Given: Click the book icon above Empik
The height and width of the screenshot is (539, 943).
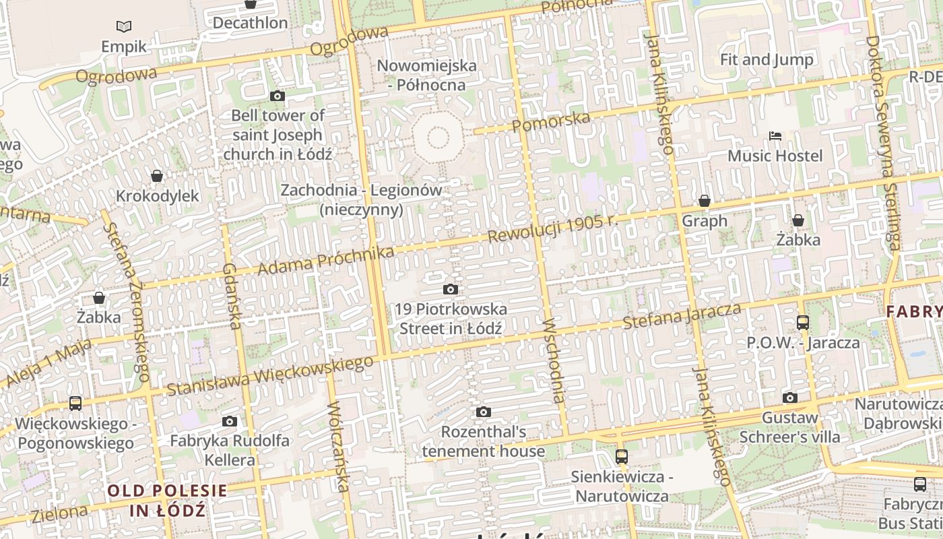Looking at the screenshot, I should [x=123, y=27].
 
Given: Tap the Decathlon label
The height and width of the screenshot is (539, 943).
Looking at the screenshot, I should [x=250, y=22].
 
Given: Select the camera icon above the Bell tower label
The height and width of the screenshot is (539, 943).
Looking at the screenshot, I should [x=277, y=96].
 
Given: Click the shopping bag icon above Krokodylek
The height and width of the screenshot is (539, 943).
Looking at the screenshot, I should [x=157, y=176].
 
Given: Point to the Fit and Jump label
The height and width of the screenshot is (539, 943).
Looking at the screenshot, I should [x=767, y=59].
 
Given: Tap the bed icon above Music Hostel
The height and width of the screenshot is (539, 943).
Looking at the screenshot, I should [x=775, y=136].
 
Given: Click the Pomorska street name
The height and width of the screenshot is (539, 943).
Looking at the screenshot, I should [x=551, y=122].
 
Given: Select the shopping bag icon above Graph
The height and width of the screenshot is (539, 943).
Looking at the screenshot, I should [x=705, y=201].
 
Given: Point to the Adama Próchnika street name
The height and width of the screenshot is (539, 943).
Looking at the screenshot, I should [x=326, y=261].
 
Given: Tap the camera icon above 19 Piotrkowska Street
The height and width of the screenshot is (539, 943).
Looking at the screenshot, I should [x=451, y=290].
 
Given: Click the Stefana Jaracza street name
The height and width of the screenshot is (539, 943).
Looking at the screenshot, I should [x=682, y=316].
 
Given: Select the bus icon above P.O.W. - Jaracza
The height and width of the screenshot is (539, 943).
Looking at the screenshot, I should [x=802, y=323].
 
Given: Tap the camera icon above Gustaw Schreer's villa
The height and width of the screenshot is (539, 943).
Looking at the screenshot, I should [x=790, y=398].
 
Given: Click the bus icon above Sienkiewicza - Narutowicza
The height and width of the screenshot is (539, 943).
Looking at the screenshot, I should [x=621, y=457].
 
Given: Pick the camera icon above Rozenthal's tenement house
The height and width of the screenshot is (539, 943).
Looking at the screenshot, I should [x=483, y=412].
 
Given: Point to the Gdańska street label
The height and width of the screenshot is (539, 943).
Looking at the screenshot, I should [x=231, y=296].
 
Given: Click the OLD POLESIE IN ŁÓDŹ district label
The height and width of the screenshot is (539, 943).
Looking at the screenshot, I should [x=168, y=500].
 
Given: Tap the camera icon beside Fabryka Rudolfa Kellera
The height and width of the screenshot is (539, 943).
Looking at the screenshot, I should [x=230, y=422].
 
